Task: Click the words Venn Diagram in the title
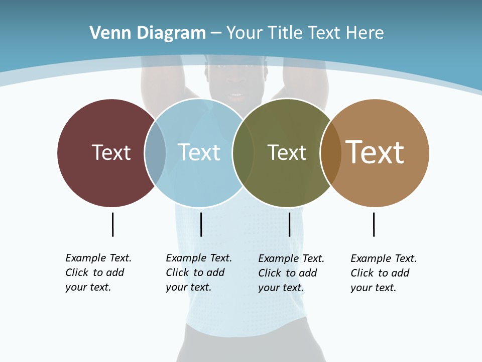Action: click(148, 33)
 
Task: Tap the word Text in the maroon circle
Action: click(111, 152)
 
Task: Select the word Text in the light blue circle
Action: click(199, 152)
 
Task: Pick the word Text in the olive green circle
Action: click(287, 152)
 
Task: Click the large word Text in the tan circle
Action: click(375, 152)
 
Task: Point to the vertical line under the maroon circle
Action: click(112, 224)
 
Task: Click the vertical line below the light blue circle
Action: click(201, 224)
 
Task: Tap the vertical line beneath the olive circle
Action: click(289, 224)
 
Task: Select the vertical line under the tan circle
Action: click(374, 224)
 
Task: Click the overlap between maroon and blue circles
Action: click(155, 153)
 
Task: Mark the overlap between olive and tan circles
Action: click(331, 153)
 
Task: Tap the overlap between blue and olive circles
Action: click(243, 153)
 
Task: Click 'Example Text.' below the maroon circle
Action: click(98, 258)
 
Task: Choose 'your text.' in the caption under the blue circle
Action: click(188, 287)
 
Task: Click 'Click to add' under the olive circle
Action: click(287, 273)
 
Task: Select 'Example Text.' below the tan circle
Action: click(384, 258)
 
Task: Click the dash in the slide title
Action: click(216, 33)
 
